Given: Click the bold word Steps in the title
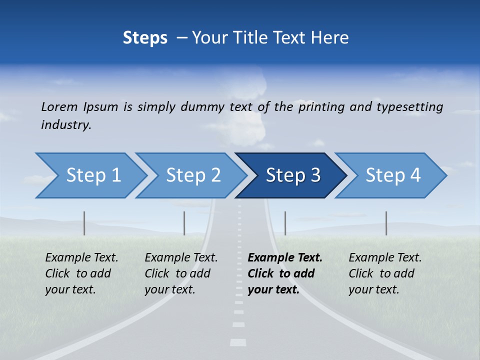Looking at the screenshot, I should tap(145, 37).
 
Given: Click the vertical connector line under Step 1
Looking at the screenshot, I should tap(84, 223).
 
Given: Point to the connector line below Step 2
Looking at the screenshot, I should tap(184, 223).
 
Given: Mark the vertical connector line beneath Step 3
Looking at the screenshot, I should tap(285, 223).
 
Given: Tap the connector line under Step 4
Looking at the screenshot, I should tap(386, 223).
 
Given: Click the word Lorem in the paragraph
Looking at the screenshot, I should tap(59, 106).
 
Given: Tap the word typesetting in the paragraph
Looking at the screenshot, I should tap(409, 106).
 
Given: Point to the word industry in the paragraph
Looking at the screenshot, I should tap(66, 125).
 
